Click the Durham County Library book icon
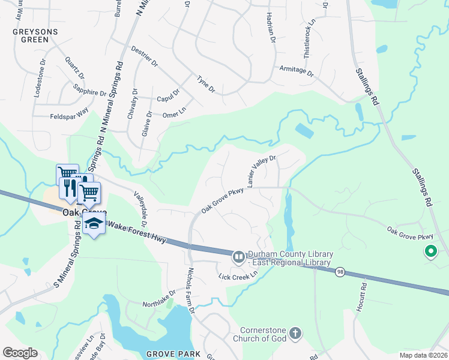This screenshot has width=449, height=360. (239, 257)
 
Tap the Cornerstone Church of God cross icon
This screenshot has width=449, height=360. (295, 333)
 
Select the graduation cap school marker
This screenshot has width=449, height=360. (94, 224)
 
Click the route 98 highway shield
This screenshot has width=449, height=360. (340, 272)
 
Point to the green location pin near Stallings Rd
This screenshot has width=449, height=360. (430, 252)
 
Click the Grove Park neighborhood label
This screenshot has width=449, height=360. (173, 354)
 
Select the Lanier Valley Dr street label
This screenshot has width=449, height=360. (261, 170)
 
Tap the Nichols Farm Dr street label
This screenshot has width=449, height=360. (191, 290)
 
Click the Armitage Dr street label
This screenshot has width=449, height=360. (297, 71)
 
